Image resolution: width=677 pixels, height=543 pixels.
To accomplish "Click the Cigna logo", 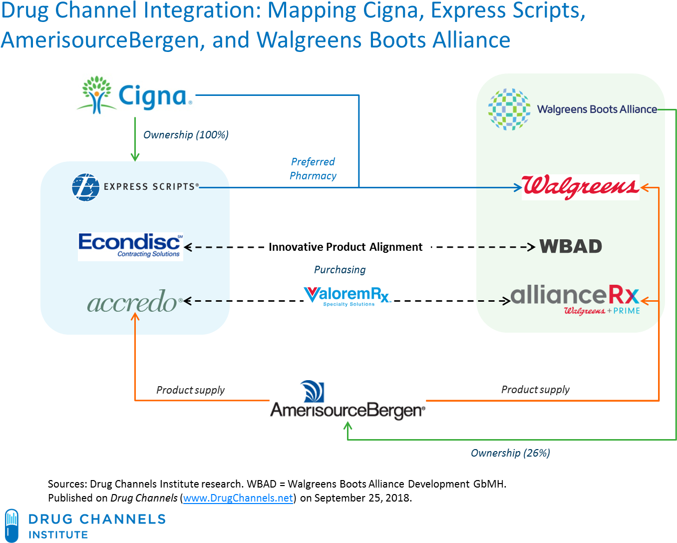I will [135, 95].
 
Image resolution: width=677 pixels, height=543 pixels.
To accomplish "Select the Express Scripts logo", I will [135, 187].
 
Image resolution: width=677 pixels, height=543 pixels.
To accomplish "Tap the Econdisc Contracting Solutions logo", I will [130, 246].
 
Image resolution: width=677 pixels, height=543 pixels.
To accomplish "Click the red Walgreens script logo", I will [580, 187].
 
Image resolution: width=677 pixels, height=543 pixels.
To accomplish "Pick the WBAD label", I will [571, 247].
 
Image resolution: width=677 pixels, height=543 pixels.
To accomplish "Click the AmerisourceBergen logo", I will [347, 401].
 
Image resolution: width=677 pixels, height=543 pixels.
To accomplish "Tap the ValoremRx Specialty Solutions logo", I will [347, 296].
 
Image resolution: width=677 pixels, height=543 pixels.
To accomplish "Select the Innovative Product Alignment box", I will [347, 247].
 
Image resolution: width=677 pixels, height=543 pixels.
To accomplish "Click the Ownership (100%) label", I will [186, 135].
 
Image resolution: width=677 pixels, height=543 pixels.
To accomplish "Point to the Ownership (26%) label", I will [510, 453].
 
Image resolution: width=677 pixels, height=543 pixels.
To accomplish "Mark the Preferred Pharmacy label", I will [313, 169].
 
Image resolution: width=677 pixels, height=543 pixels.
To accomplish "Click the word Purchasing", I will [339, 270].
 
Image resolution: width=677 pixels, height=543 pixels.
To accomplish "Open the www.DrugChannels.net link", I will [238, 498].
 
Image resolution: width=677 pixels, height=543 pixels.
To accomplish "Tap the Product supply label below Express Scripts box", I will [190, 390].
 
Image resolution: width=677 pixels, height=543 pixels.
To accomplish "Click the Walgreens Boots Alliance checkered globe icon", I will [509, 109].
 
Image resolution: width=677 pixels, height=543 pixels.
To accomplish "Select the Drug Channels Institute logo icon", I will [11, 525].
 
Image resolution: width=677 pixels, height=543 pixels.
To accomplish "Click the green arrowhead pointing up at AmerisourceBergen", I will [348, 426].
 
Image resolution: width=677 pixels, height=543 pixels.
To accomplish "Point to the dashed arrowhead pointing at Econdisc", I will [188, 247].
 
